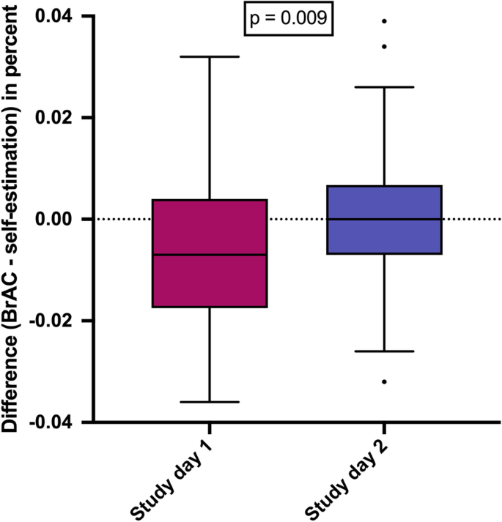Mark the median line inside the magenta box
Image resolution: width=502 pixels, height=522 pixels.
[210, 255]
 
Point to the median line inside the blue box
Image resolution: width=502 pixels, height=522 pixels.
[384, 219]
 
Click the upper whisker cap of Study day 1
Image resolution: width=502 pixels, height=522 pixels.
[210, 56]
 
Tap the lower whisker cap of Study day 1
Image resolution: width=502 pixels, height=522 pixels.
[210, 402]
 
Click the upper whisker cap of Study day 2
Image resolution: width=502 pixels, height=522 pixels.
[384, 87]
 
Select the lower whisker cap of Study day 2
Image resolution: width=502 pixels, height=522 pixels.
[384, 351]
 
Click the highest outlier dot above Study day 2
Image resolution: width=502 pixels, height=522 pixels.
[384, 21]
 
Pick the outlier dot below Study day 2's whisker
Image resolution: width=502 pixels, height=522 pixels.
[384, 381]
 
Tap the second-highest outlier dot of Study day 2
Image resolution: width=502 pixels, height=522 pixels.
[384, 47]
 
